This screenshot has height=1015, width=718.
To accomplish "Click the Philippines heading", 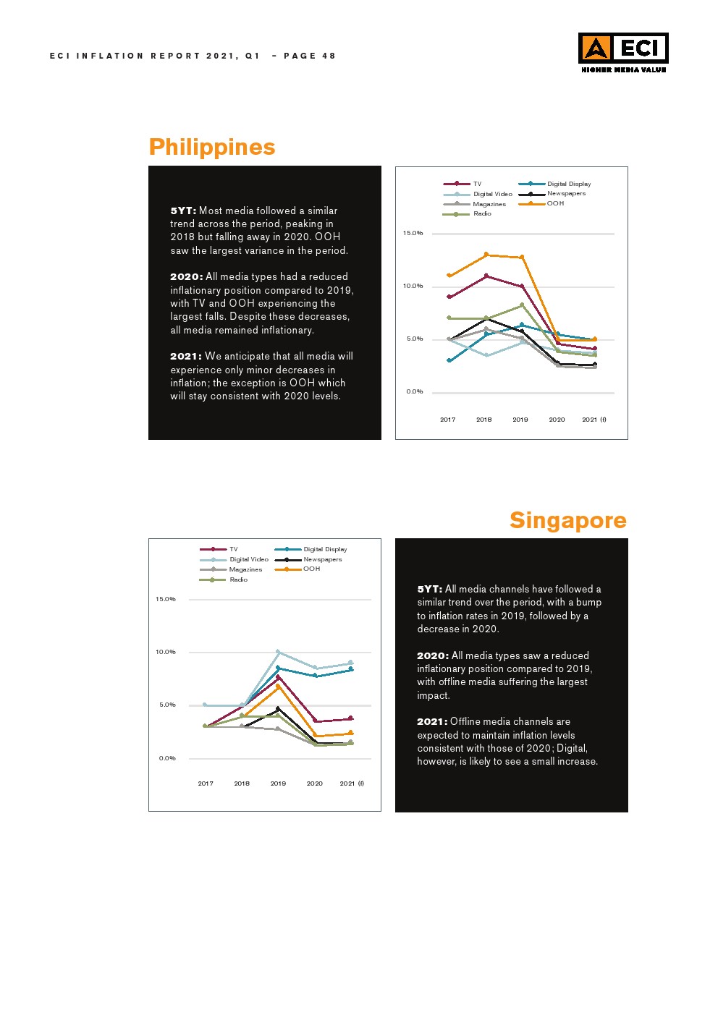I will click(212, 147).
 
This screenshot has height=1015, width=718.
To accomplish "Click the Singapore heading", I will click(567, 520).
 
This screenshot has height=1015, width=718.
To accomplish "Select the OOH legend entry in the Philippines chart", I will click(555, 203).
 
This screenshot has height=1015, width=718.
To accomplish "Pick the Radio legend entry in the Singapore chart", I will click(238, 579).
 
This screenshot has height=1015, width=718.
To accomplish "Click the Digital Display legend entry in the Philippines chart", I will click(568, 184).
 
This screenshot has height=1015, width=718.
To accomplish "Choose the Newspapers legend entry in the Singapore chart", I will click(322, 559).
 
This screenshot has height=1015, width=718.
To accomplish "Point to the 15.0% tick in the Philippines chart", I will click(413, 233).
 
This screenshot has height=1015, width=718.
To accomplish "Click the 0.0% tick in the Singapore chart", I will click(167, 758).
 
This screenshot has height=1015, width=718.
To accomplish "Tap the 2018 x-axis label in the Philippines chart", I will click(483, 420).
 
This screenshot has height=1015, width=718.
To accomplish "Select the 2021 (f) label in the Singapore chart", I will click(352, 783).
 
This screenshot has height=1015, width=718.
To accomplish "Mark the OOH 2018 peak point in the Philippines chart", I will click(486, 255).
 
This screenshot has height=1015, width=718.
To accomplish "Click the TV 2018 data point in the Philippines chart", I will click(486, 276).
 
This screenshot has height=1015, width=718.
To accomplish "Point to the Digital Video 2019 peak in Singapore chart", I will click(278, 652).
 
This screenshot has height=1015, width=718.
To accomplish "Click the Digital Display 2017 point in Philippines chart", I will click(449, 360).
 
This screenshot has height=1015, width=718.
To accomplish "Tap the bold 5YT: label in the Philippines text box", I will click(183, 211).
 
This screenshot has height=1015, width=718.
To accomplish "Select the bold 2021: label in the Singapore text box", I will click(432, 721).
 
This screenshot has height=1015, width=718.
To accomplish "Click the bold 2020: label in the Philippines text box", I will click(186, 276).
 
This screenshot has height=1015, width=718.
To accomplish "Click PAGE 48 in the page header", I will click(310, 56).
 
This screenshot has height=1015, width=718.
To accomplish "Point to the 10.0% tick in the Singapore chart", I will click(166, 652).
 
